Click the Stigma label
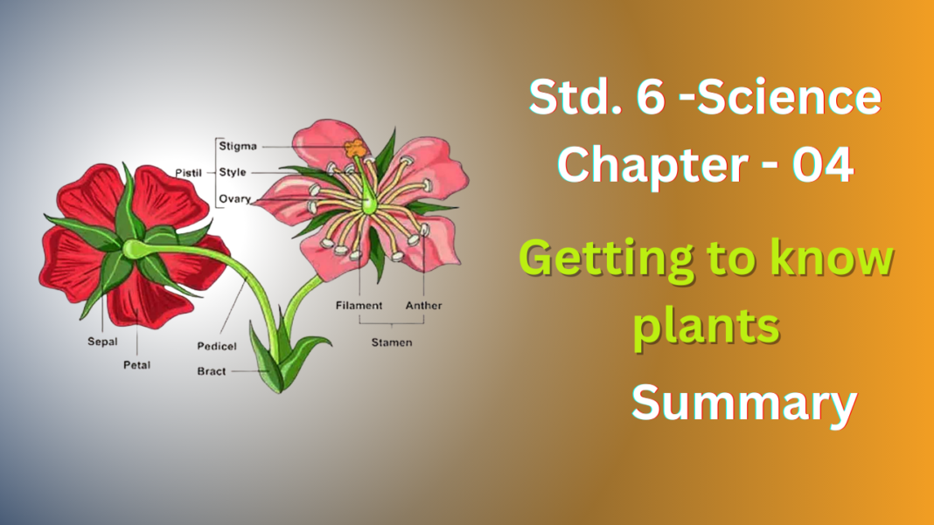[237, 146]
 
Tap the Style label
[232, 172]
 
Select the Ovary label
[234, 198]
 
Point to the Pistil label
[187, 173]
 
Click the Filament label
[359, 306]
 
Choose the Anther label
[423, 306]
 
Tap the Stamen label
[391, 342]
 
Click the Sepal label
[102, 342]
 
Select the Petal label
[136, 364]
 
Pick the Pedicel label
[216, 347]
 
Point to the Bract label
[212, 371]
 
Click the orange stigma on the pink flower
[355, 149]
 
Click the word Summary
[743, 404]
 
